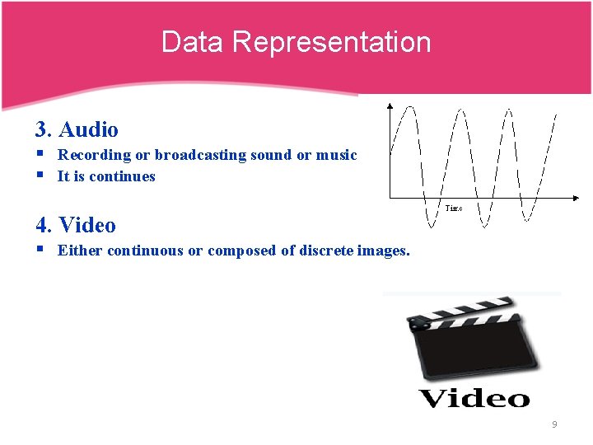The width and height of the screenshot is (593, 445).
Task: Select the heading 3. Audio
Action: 77,129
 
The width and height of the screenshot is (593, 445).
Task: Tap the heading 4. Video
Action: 76,225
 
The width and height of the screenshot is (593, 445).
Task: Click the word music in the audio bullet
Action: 336,155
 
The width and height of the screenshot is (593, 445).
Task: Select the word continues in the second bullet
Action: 122,176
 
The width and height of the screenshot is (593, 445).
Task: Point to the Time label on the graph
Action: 454,209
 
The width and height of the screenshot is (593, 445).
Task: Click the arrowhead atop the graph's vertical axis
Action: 390,105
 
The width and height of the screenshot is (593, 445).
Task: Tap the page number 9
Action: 554,424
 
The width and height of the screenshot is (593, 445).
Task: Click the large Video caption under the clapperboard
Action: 474,399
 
